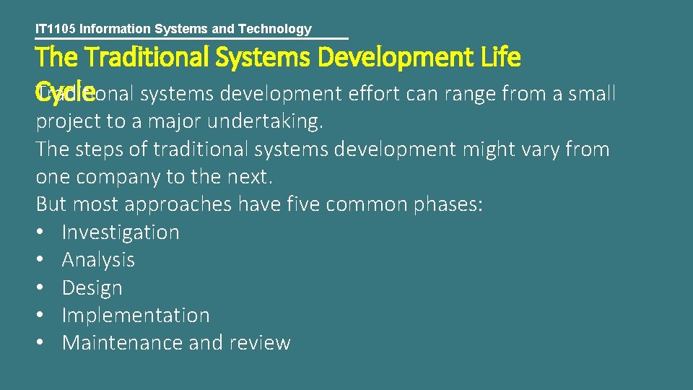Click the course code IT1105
(56, 30)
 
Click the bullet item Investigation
(121, 233)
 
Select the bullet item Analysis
(98, 260)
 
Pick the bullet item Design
(92, 288)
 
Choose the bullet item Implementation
(136, 316)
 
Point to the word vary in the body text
(533, 149)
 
